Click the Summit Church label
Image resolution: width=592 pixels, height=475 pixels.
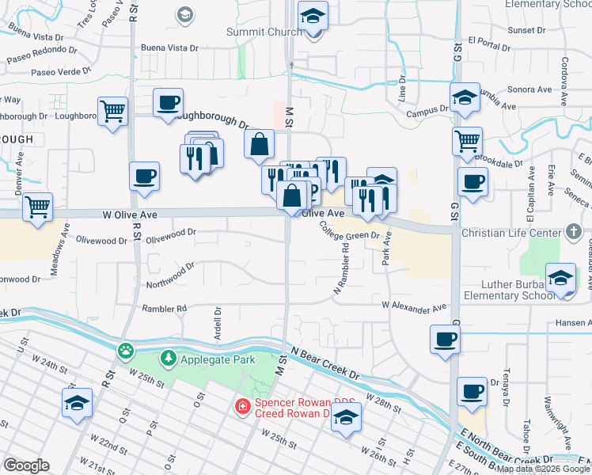tap(264, 32)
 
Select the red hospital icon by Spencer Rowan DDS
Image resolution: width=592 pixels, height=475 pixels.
tap(242, 407)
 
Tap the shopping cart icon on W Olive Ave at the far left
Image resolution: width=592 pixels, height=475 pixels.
tap(38, 207)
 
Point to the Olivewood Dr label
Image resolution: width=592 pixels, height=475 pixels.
tap(170, 234)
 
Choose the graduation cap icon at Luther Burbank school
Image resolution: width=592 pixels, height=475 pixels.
tap(560, 279)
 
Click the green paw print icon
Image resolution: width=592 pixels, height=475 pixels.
tap(126, 349)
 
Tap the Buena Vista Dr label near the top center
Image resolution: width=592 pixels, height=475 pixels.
tap(169, 48)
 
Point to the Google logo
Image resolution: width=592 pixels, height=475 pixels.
tap(26, 465)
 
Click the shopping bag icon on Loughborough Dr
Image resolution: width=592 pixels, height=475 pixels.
tap(259, 145)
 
